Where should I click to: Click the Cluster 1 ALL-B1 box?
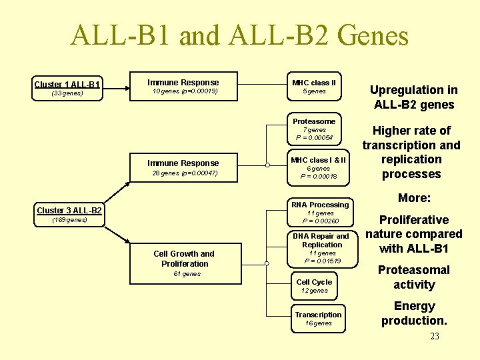click(x=67, y=84)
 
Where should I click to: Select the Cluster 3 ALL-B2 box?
click(x=69, y=211)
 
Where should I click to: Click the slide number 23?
click(x=435, y=336)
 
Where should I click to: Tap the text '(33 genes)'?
click(x=67, y=93)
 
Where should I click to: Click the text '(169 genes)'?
click(x=69, y=220)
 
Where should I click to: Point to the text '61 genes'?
click(x=187, y=274)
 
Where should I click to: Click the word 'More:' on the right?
click(x=414, y=198)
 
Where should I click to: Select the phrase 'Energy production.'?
click(x=414, y=313)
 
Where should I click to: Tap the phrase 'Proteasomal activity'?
click(x=414, y=277)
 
